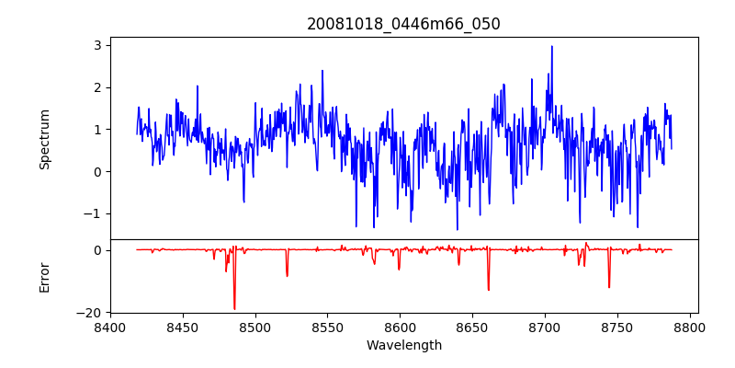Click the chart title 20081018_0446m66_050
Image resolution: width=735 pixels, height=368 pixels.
click(403, 24)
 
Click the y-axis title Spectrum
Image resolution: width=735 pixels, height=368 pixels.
click(44, 139)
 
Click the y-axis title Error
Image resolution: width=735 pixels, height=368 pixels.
click(44, 276)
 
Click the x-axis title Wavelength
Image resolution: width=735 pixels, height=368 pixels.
click(403, 345)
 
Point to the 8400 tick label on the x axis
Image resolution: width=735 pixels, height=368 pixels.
click(110, 327)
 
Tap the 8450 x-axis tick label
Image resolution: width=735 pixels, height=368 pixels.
click(183, 327)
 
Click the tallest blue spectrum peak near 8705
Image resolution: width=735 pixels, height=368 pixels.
click(552, 46)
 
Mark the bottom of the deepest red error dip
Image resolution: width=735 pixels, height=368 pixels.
click(234, 309)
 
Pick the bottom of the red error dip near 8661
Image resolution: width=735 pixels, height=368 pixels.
click(488, 290)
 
